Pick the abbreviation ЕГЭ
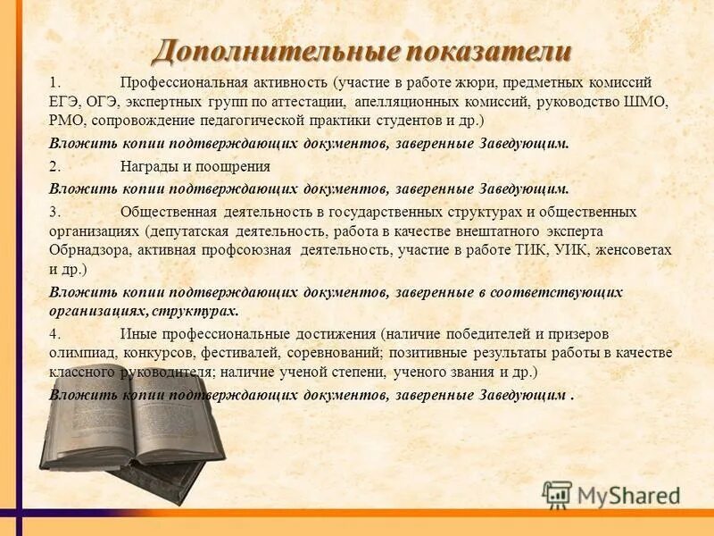[x=65, y=102]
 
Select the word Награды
[x=148, y=166]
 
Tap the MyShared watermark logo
[x=610, y=494]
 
